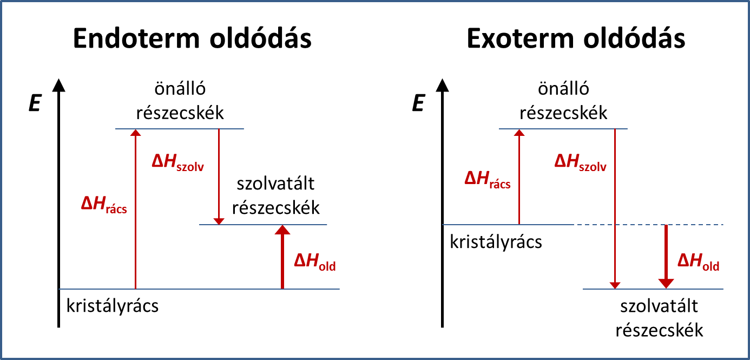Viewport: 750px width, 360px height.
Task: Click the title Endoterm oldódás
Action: tap(192, 38)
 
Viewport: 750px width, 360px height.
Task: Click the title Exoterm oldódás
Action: tap(576, 38)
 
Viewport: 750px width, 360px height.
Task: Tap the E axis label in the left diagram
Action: tap(35, 103)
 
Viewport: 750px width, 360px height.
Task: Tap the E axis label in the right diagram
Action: tap(418, 103)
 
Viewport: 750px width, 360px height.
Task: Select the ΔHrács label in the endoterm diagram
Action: tap(104, 205)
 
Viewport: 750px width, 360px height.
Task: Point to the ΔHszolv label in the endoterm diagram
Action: tap(178, 163)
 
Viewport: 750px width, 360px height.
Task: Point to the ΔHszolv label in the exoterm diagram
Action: tap(580, 163)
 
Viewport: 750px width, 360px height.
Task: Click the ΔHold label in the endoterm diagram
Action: tap(315, 262)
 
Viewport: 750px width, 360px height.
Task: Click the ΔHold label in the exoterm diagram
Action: tap(699, 262)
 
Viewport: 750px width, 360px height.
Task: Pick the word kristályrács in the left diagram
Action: tap(113, 306)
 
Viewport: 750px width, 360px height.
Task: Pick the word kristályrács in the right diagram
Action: tap(496, 242)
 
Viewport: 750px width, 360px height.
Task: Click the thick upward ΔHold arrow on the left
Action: tap(282, 257)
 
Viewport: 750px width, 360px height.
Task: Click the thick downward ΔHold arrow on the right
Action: tap(666, 257)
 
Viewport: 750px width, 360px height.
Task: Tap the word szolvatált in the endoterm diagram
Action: tap(275, 184)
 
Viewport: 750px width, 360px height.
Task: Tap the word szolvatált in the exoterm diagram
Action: tap(659, 306)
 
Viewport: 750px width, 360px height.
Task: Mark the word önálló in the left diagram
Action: tap(180, 89)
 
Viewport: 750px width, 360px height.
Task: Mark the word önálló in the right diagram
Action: tap(563, 89)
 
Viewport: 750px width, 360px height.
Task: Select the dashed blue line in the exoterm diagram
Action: tap(649, 224)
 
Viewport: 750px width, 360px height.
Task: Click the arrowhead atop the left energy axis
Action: tap(58, 86)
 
